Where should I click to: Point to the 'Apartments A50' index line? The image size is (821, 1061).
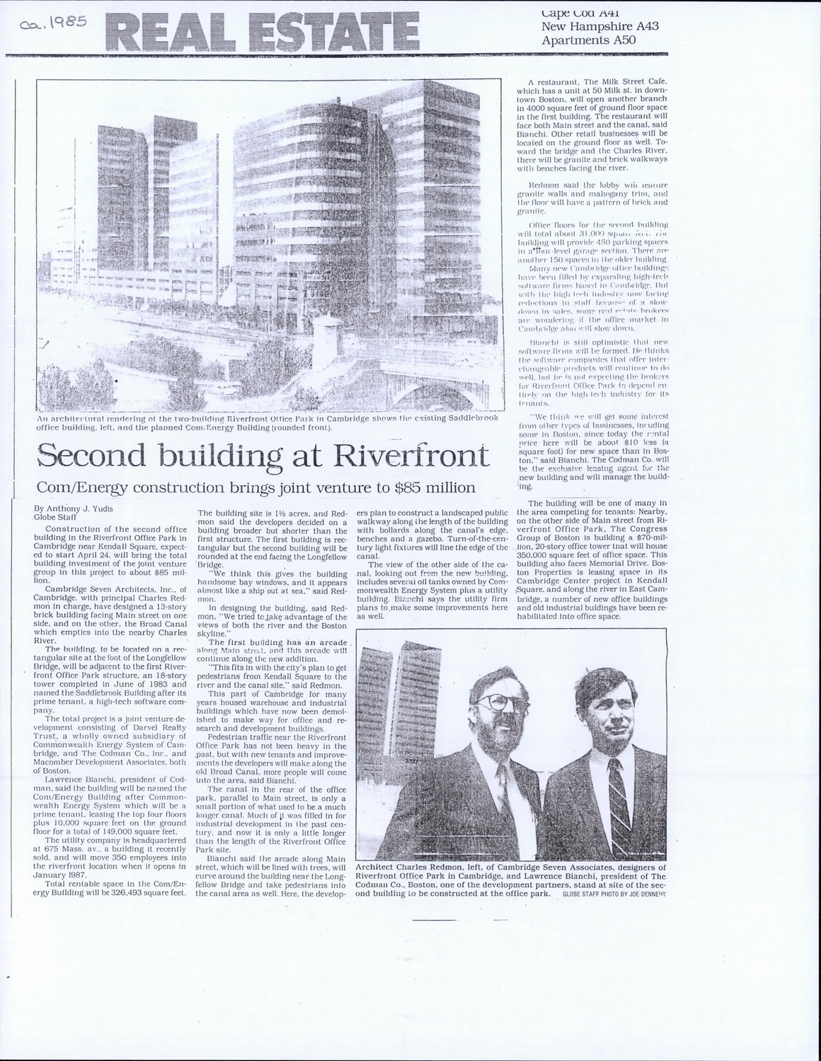[588, 40]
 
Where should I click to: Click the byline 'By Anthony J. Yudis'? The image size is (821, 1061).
[77, 508]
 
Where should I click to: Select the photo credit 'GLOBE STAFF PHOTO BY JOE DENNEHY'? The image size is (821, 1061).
[615, 894]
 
